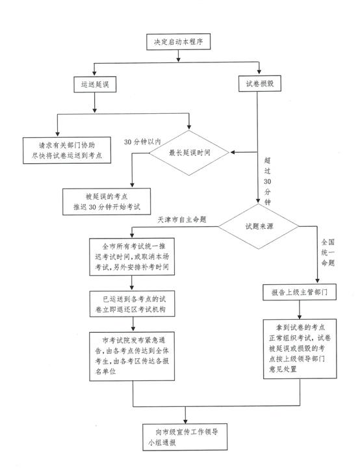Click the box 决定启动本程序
tap(178, 42)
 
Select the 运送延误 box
tap(95, 85)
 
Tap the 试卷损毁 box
tap(260, 83)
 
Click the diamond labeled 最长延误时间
tap(189, 153)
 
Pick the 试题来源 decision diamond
tap(259, 226)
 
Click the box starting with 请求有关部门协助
tap(67, 150)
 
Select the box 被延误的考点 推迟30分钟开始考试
tap(107, 202)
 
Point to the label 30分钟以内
tap(142, 142)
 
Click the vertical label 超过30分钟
tap(267, 181)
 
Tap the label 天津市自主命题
tap(182, 220)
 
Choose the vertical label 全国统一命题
tap(328, 252)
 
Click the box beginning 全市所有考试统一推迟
tap(132, 257)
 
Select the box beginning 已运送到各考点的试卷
tap(133, 304)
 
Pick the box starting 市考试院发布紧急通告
tap(132, 356)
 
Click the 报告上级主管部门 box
tap(300, 292)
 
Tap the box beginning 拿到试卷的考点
tap(300, 348)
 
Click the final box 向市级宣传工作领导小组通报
tap(185, 437)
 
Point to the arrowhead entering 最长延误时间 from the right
tap(233, 152)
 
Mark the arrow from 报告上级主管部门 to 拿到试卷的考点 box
tap(300, 309)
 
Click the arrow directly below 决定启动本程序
tap(178, 56)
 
